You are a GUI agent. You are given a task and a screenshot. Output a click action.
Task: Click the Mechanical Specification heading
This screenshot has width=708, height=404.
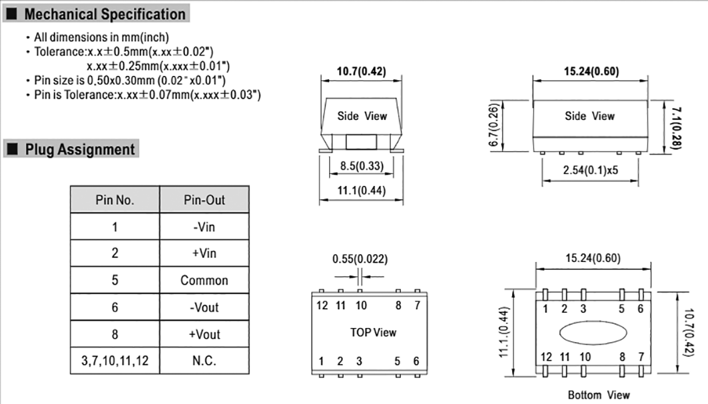click(105, 14)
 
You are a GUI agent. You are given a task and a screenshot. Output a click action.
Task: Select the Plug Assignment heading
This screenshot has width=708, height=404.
click(80, 149)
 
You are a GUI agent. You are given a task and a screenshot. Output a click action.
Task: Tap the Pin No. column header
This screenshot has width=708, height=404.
click(115, 200)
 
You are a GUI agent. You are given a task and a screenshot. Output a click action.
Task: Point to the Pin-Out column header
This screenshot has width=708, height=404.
click(204, 200)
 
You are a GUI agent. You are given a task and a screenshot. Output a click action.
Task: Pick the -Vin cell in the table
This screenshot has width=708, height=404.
click(204, 227)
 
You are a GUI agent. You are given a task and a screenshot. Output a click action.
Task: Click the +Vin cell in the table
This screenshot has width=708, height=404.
click(204, 254)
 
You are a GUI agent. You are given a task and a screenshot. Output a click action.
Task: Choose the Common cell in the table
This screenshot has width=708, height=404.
click(204, 281)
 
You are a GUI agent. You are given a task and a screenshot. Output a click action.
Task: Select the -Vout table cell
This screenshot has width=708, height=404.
click(204, 307)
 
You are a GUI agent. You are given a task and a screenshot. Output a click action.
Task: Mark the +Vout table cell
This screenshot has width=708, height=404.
click(204, 335)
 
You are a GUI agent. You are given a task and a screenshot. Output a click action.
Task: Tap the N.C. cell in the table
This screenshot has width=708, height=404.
click(204, 361)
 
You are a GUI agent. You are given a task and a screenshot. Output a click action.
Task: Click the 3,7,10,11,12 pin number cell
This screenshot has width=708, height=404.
click(115, 361)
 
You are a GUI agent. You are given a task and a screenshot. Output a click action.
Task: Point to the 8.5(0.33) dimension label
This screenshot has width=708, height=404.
click(361, 167)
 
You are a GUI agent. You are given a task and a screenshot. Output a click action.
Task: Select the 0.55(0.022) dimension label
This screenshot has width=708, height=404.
click(360, 259)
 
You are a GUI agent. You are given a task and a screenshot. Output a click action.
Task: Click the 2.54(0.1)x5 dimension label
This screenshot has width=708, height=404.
click(589, 169)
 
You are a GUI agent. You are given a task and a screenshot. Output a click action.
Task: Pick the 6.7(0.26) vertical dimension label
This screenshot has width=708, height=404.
click(494, 126)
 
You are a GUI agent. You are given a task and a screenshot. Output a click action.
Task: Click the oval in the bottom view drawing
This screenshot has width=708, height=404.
click(593, 331)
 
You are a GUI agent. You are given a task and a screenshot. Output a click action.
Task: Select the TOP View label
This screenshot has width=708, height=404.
click(373, 332)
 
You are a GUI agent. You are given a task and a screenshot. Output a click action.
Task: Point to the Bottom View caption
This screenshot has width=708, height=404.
click(598, 395)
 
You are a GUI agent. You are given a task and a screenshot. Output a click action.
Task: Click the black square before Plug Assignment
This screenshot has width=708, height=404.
click(12, 149)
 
